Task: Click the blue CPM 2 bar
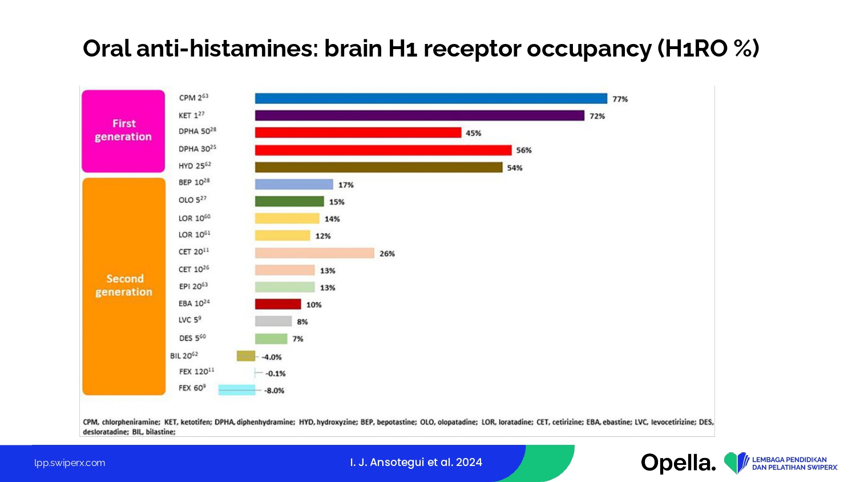click(431, 98)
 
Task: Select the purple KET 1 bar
click(419, 115)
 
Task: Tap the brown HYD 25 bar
click(378, 167)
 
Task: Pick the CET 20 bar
click(314, 253)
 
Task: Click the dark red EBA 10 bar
click(278, 304)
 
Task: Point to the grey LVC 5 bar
click(273, 321)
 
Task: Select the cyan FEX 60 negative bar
click(237, 389)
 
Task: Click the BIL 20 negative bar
click(246, 356)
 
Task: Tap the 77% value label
click(620, 99)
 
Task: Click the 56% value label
click(524, 150)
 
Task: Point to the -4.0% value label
click(272, 357)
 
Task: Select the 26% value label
click(387, 254)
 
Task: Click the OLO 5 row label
click(192, 200)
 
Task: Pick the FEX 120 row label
click(196, 371)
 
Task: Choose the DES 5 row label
click(192, 338)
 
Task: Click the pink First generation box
click(123, 131)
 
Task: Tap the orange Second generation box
click(124, 286)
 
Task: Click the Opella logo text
click(678, 463)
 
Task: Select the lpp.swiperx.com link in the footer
click(70, 463)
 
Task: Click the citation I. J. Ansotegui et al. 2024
click(416, 462)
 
